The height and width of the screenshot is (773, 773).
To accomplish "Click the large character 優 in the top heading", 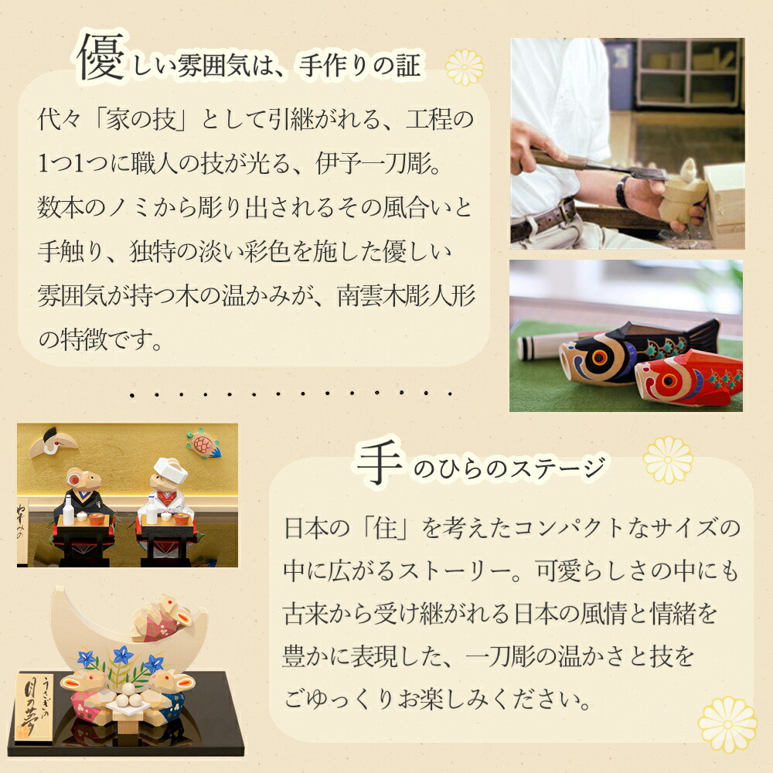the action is [100, 58].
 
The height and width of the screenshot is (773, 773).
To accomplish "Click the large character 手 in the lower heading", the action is [380, 461].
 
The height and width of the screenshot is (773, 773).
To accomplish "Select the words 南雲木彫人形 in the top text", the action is [407, 295].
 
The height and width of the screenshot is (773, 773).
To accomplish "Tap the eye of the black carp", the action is [600, 357].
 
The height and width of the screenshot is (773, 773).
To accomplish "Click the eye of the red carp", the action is [669, 380].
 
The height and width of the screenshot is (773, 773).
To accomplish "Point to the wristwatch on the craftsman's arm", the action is [622, 190].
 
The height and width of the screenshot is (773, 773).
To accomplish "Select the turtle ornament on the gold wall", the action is [203, 444].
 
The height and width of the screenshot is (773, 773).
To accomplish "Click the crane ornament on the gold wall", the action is [53, 442].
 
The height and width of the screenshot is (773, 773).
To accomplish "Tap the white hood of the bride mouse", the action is [170, 469].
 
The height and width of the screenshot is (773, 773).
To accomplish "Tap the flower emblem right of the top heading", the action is [465, 67].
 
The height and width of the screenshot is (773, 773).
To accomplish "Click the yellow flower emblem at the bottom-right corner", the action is [727, 725].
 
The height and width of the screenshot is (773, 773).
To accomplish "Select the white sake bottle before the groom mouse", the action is [69, 511].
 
